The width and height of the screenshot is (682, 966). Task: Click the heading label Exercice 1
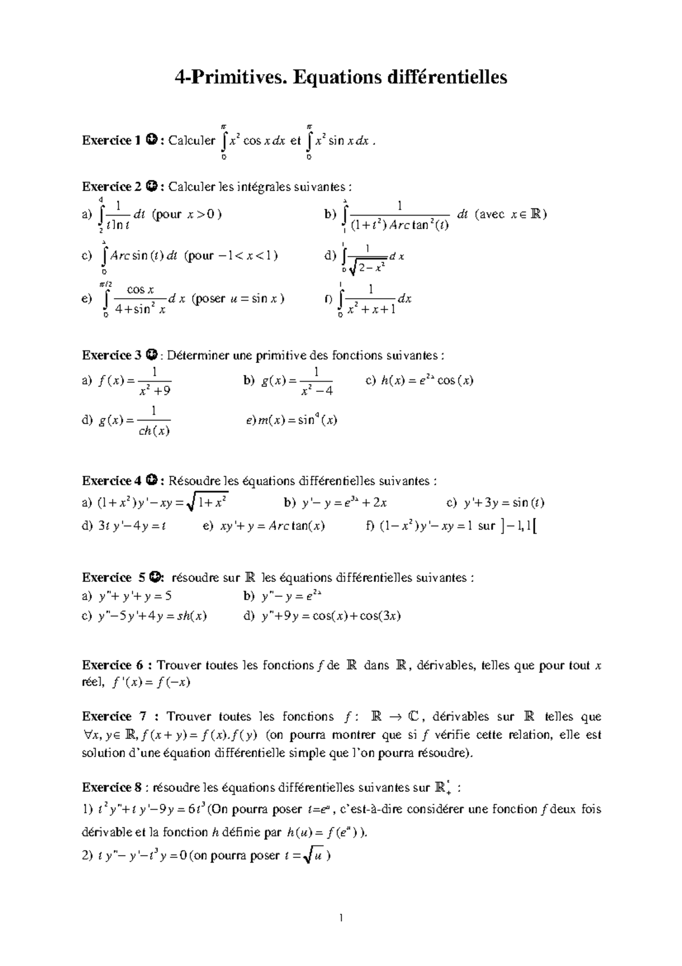coord(111,140)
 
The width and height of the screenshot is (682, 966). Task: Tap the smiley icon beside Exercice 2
coord(152,186)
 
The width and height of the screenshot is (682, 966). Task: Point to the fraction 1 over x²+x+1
coord(371,299)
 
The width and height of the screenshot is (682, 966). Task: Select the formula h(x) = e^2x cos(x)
coord(419,381)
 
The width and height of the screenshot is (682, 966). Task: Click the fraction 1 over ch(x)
coord(154,420)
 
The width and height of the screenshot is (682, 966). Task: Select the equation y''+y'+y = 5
coord(135,596)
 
